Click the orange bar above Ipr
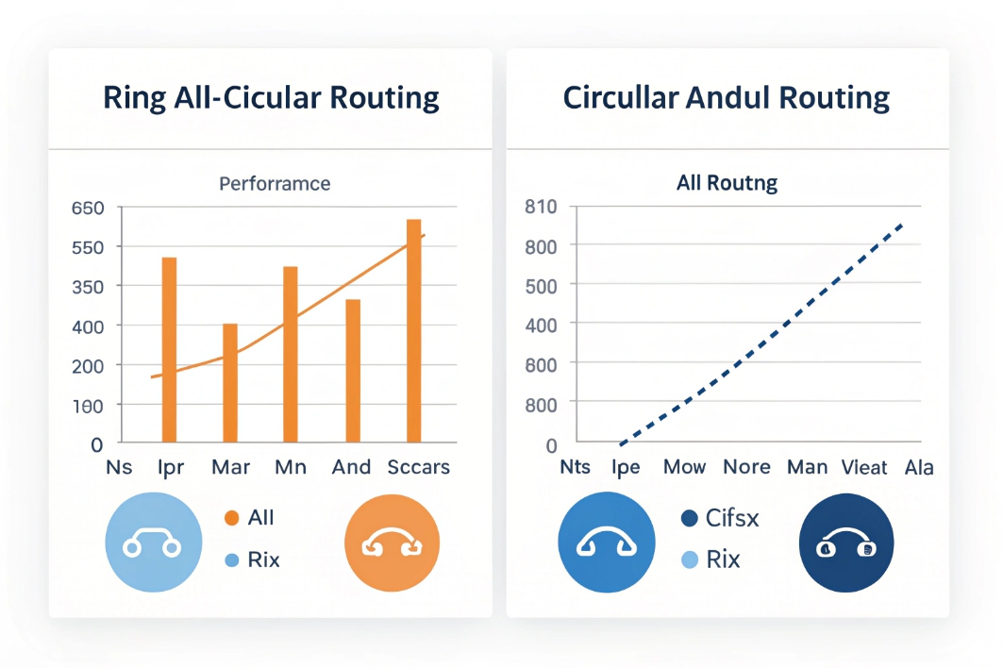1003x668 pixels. click(170, 349)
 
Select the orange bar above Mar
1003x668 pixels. click(230, 382)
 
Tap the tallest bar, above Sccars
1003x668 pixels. click(413, 330)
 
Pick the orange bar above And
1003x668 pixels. click(353, 370)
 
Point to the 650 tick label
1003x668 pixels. click(87, 208)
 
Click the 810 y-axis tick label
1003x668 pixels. click(541, 207)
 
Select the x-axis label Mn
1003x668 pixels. click(291, 467)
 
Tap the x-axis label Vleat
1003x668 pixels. click(864, 467)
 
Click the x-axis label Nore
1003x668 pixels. click(746, 467)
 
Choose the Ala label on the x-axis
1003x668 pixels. click(919, 467)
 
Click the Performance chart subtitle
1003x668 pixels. click(275, 183)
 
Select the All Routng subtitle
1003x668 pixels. click(727, 183)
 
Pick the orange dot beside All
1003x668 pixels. click(230, 518)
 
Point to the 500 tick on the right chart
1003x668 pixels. click(541, 285)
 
